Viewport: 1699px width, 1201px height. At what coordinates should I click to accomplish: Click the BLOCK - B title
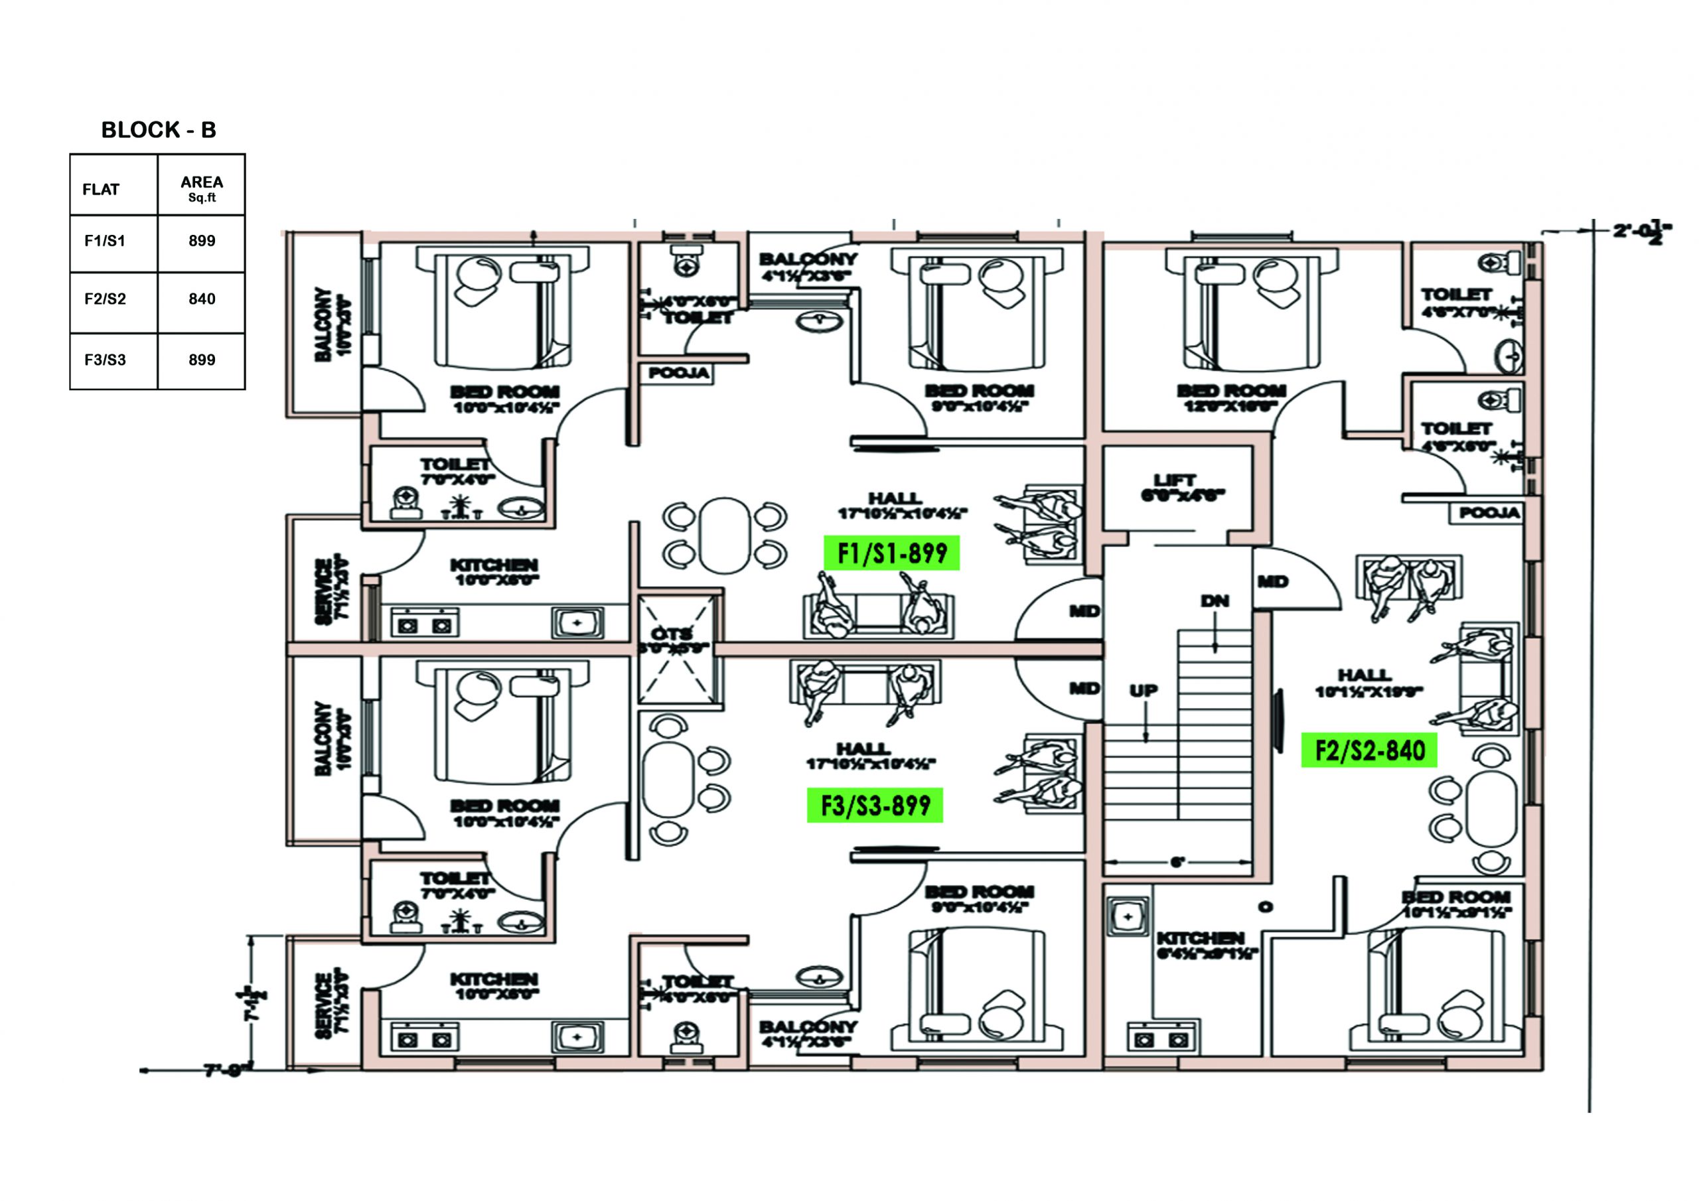[159, 130]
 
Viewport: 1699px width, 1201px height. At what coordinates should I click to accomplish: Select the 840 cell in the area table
[201, 300]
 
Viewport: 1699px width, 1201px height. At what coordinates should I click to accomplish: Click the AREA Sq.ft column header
[201, 188]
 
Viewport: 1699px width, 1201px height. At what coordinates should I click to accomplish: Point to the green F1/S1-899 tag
[892, 553]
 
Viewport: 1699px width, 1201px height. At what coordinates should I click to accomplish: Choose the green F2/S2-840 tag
[1369, 751]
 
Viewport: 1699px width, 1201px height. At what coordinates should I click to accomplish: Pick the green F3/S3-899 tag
[875, 805]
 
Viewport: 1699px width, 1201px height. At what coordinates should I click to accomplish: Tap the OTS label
[672, 634]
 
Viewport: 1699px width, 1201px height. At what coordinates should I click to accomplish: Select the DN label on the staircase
[1215, 601]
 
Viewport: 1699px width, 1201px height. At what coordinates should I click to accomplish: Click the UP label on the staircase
[1144, 690]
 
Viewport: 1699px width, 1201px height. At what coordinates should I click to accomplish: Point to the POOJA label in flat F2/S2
[1489, 513]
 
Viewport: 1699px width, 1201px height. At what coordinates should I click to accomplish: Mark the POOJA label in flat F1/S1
[678, 373]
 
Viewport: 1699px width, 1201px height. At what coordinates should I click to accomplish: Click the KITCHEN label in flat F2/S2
[1199, 938]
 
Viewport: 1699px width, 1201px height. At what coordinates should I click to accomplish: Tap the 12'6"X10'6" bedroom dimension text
[1231, 406]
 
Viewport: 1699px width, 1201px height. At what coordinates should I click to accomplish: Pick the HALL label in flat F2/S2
[1364, 675]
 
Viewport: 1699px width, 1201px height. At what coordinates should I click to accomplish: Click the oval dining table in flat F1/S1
[725, 535]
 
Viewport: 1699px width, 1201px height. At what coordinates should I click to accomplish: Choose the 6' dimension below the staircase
[1177, 861]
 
